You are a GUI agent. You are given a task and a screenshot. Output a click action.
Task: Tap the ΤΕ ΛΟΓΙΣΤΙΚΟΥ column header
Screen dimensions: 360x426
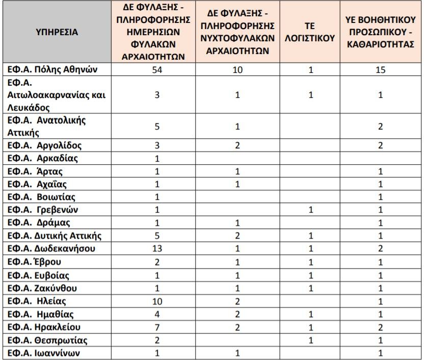click(311, 32)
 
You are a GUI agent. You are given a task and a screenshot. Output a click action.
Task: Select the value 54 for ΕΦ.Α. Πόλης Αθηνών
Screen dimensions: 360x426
click(157, 69)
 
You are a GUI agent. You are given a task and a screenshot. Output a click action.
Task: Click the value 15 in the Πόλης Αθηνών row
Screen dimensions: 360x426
click(380, 69)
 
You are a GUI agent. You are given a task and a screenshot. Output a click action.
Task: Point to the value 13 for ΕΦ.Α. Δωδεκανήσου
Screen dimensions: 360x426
click(157, 249)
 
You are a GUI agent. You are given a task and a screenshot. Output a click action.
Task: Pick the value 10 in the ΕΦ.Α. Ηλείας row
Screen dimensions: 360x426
click(157, 301)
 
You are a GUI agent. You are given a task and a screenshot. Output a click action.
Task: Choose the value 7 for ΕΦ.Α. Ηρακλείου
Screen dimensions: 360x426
click(157, 327)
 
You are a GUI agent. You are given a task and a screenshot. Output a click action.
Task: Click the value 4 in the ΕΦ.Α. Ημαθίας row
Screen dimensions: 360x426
click(157, 314)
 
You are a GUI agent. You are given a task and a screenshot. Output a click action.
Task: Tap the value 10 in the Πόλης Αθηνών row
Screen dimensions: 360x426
click(237, 69)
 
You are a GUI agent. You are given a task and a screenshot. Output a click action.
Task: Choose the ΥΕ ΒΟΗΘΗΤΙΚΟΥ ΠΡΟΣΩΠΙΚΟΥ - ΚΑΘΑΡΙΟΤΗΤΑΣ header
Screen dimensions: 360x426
click(380, 32)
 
